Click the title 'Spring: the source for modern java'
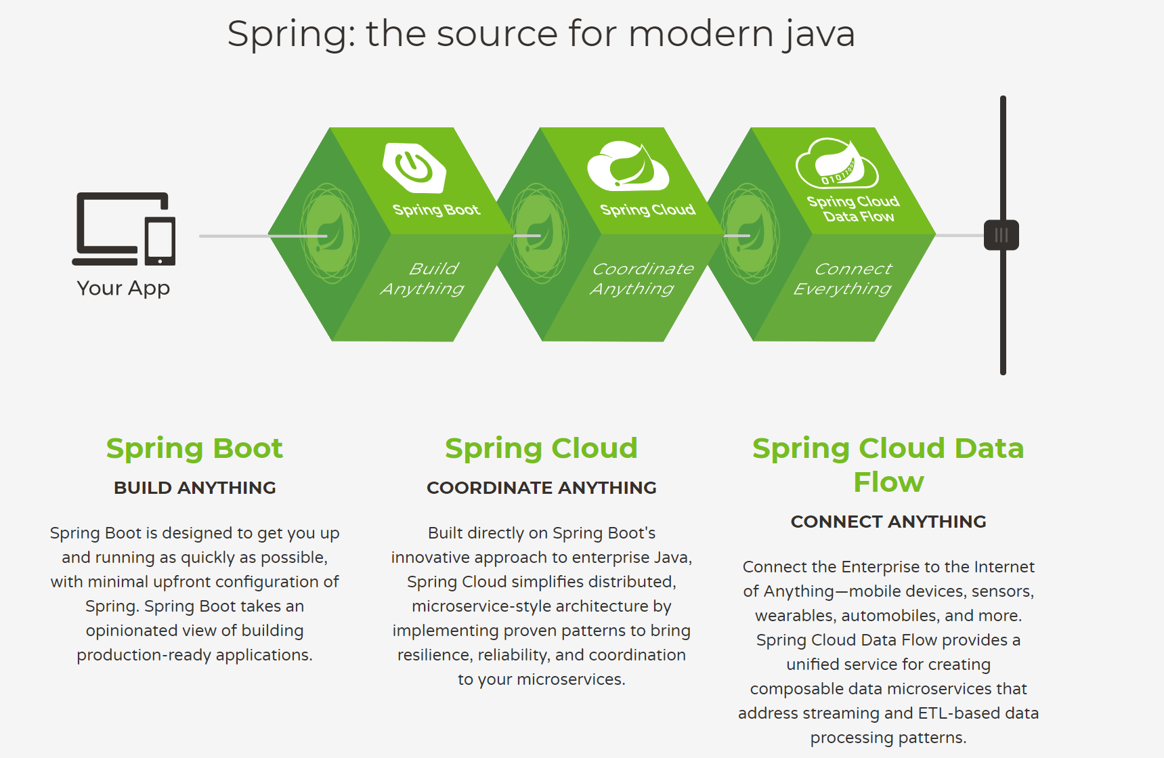pyautogui.click(x=540, y=34)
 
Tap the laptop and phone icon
pyautogui.click(x=124, y=229)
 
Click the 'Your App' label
pyautogui.click(x=123, y=288)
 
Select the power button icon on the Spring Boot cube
pyautogui.click(x=414, y=167)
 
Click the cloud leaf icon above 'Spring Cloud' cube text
pyautogui.click(x=628, y=167)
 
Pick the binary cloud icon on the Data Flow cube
pyautogui.click(x=837, y=165)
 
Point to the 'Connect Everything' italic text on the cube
pyautogui.click(x=846, y=278)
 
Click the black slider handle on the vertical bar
pyautogui.click(x=1001, y=235)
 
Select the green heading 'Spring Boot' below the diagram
pyautogui.click(x=194, y=448)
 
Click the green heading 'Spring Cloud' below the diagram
pyautogui.click(x=541, y=448)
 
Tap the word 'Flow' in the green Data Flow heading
pyautogui.click(x=888, y=482)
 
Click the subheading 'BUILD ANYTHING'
pyautogui.click(x=194, y=488)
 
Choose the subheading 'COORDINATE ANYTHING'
pyautogui.click(x=541, y=488)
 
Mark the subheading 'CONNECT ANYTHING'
pyautogui.click(x=888, y=522)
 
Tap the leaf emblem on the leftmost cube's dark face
pyautogui.click(x=330, y=234)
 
